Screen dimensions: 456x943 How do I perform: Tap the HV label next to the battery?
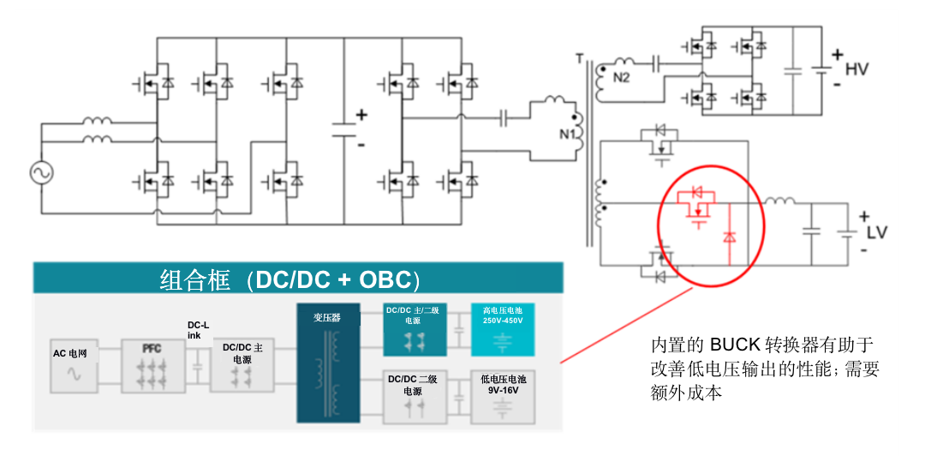point(856,69)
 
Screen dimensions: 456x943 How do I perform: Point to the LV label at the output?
point(879,233)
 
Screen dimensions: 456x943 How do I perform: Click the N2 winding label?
point(622,78)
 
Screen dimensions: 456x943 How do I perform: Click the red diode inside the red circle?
point(729,237)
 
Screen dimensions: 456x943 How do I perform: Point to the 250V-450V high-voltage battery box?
point(503,329)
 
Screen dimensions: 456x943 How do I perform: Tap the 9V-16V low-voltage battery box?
point(503,395)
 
